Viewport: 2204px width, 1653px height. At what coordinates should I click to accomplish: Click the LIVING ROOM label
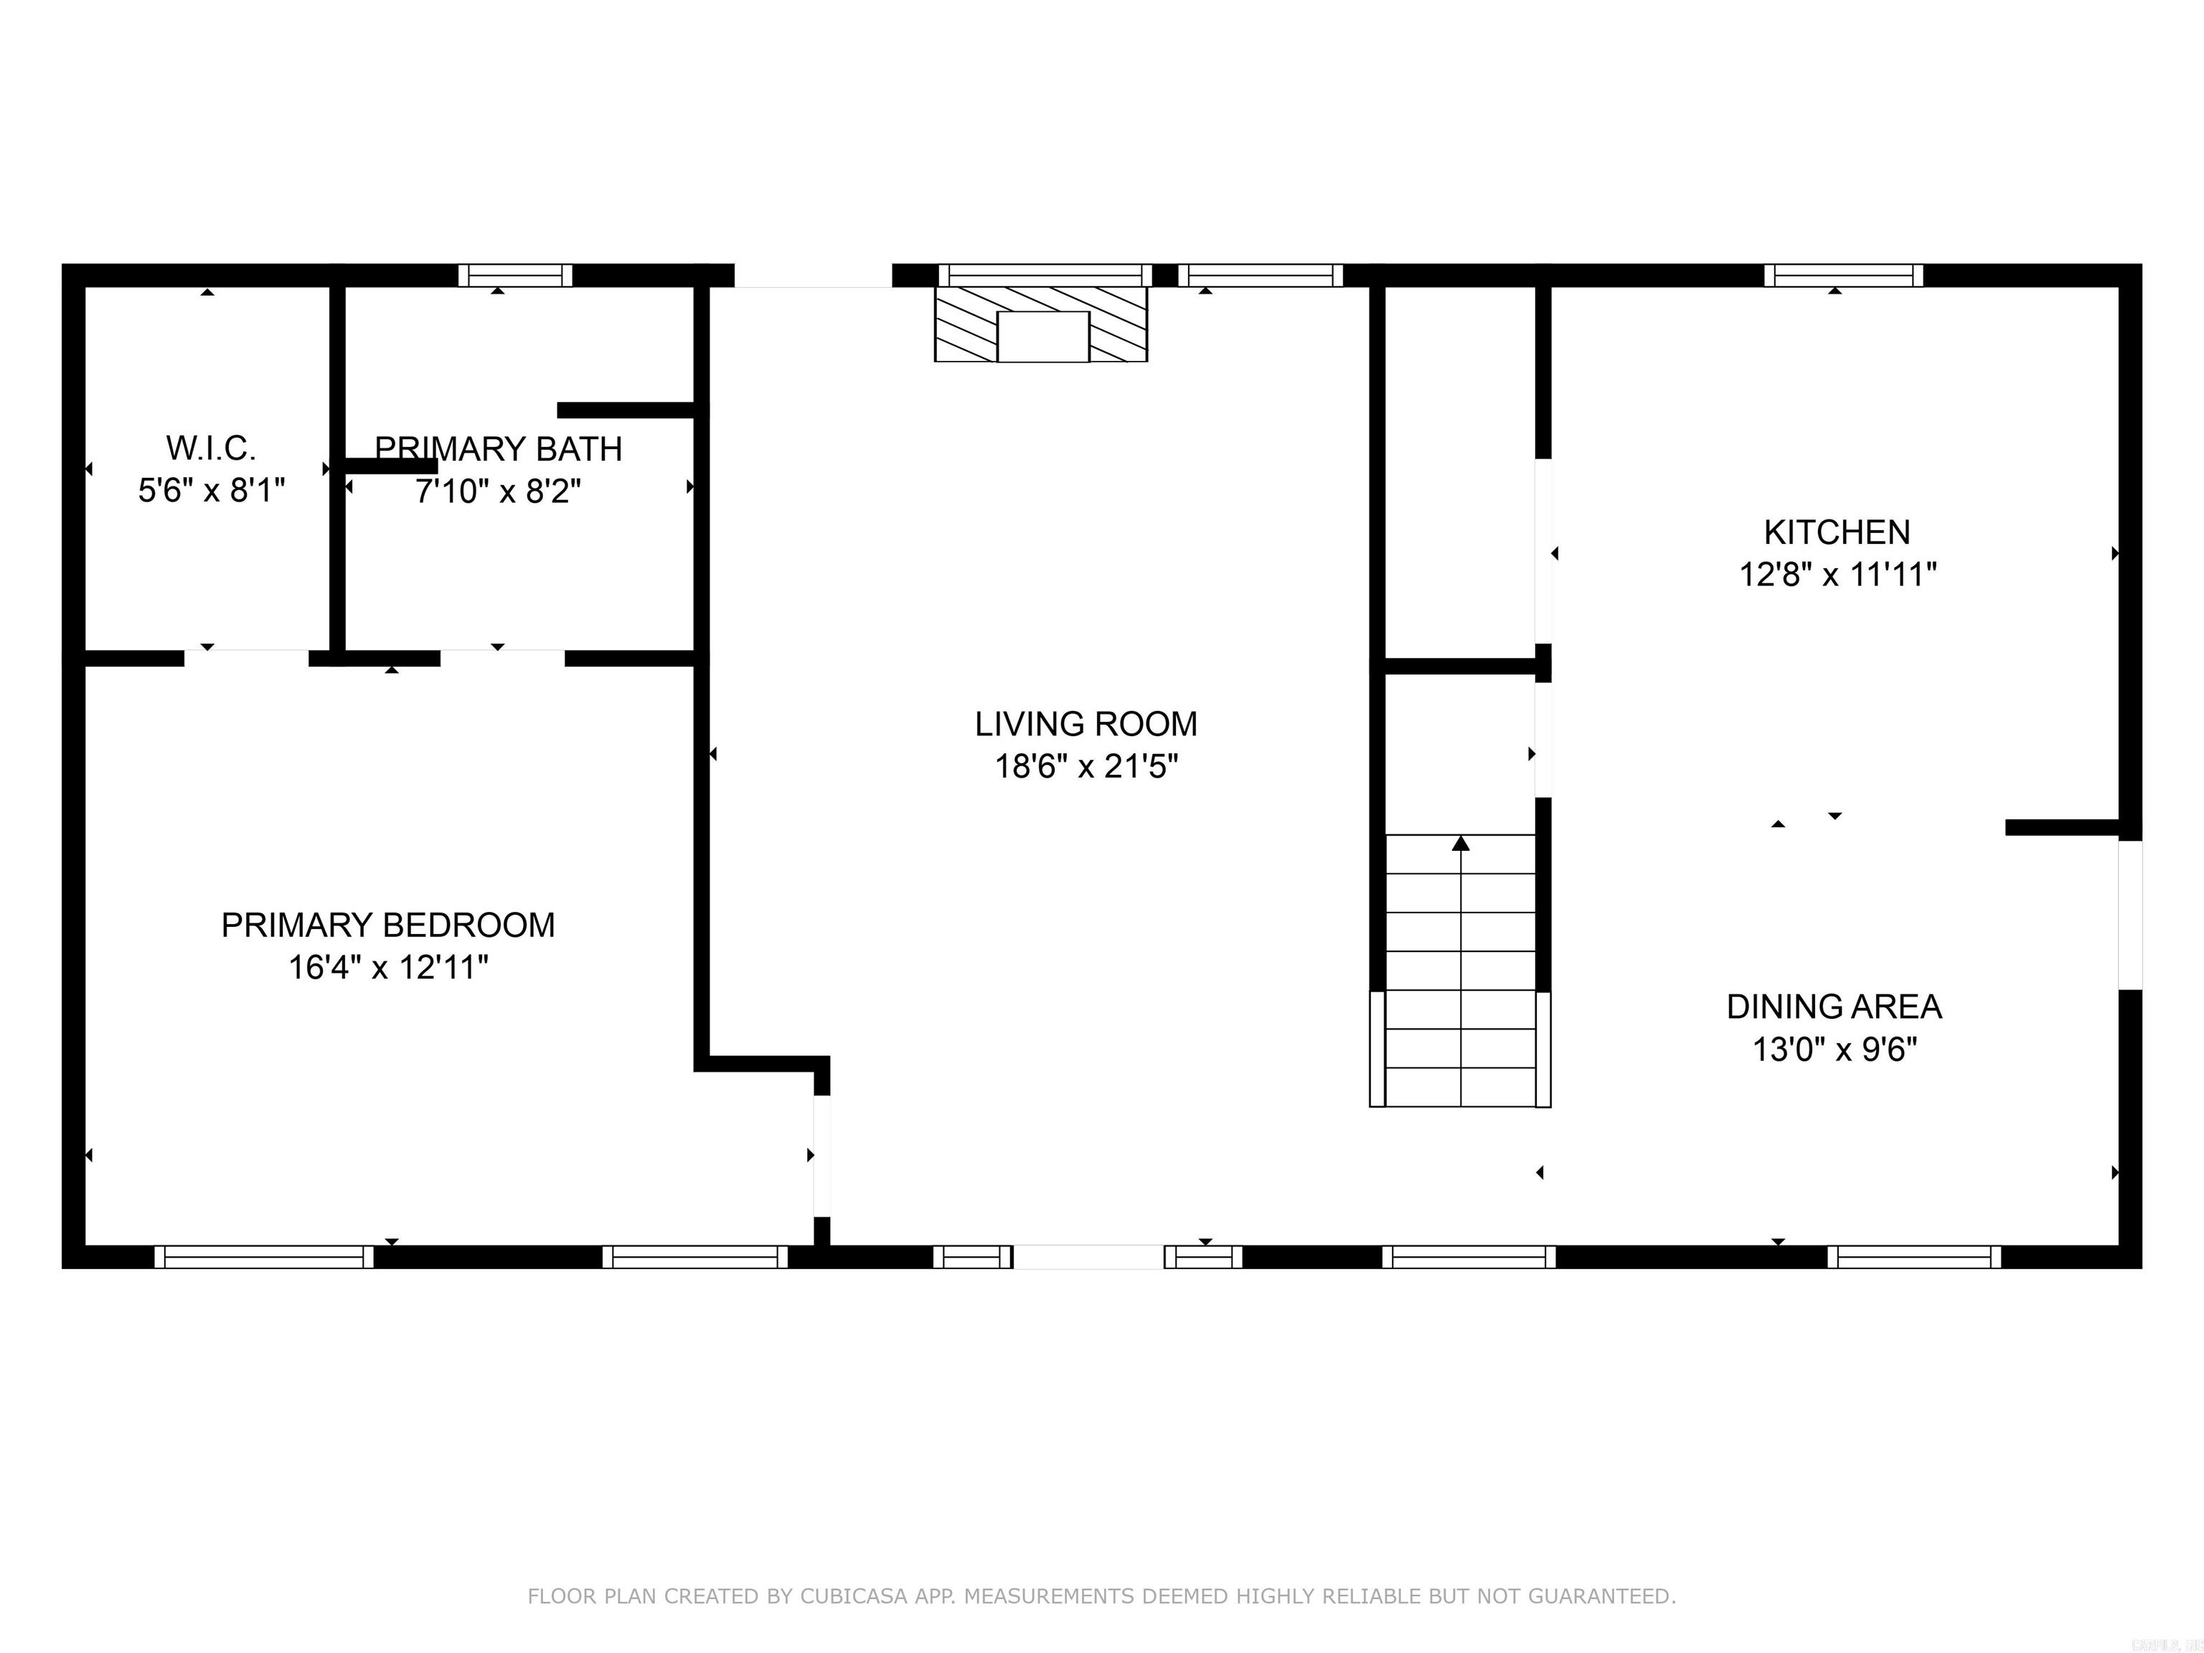click(1086, 725)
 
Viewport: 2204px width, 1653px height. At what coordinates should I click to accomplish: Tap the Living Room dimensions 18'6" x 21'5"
click(1086, 767)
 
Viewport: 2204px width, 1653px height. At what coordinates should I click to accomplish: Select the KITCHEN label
click(1837, 533)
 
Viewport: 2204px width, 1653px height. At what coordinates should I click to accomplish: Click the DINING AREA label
click(1833, 1007)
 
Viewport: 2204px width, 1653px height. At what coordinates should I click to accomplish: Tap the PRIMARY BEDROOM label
click(387, 926)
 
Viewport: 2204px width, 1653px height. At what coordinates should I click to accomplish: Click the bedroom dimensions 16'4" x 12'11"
click(387, 969)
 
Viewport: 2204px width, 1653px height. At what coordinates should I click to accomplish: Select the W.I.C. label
click(210, 449)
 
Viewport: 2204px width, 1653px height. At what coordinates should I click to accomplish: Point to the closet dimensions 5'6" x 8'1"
click(211, 491)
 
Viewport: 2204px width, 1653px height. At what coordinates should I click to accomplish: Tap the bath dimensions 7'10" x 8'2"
click(498, 492)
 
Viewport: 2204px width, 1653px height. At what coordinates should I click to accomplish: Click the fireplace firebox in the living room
click(1042, 336)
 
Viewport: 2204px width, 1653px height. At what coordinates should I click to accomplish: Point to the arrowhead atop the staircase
click(1461, 844)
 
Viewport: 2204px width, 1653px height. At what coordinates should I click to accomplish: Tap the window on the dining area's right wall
click(2129, 915)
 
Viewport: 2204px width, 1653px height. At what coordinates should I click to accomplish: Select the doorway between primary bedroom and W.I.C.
click(246, 658)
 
